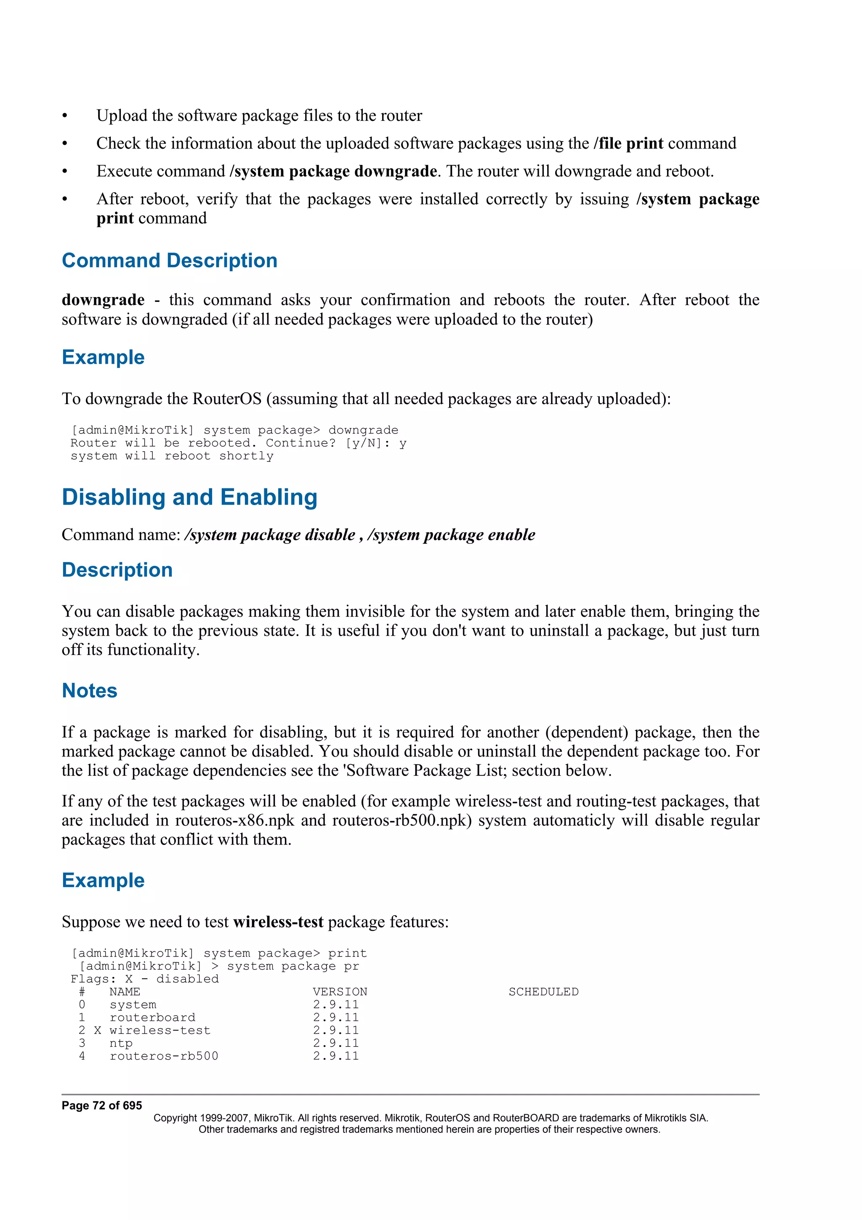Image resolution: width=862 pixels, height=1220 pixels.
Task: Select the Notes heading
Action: [x=89, y=691]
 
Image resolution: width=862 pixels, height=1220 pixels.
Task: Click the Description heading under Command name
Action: [x=117, y=570]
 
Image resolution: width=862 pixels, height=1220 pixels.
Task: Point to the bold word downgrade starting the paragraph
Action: [x=103, y=300]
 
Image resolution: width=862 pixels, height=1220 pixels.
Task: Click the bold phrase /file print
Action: [x=628, y=144]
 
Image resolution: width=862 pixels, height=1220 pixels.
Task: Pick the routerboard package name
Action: [x=152, y=1017]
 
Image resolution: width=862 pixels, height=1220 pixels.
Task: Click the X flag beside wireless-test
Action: [x=98, y=1030]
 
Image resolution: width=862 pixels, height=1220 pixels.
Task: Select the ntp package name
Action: [x=121, y=1043]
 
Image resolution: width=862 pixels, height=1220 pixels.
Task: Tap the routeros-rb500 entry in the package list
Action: [x=164, y=1056]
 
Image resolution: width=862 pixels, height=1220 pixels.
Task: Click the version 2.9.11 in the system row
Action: [x=335, y=1004]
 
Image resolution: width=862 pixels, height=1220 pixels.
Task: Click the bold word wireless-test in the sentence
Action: [x=278, y=922]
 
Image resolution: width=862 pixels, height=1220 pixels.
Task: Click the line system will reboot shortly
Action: [x=172, y=456]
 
